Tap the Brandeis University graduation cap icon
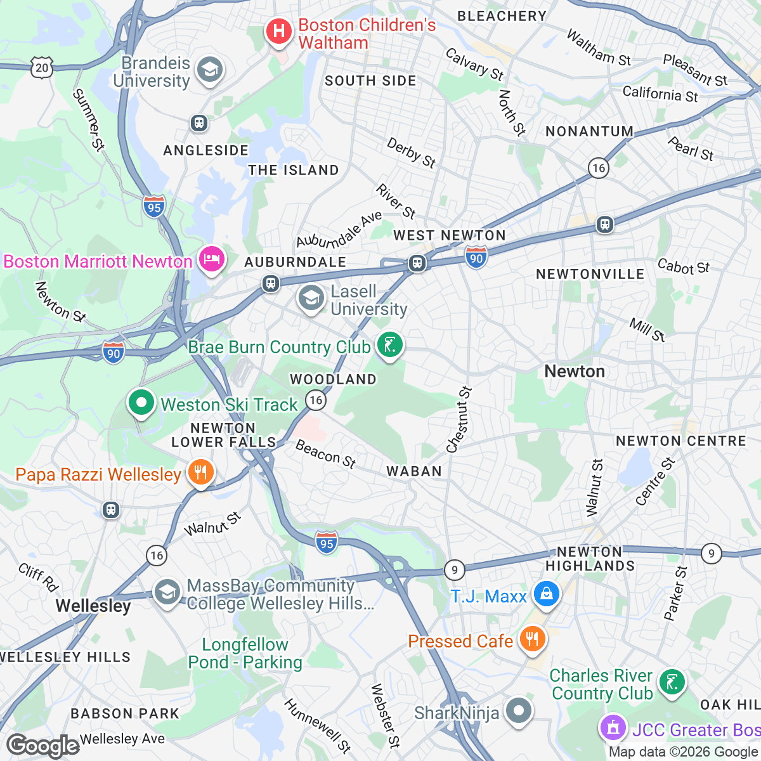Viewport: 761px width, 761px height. tap(209, 70)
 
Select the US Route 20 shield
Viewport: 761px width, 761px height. tap(42, 68)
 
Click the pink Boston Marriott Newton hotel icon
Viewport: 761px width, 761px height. tap(211, 259)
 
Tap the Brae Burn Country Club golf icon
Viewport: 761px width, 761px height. tap(390, 346)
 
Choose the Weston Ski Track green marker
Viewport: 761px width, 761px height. tap(141, 403)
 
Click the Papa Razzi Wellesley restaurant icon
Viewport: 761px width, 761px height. tap(200, 472)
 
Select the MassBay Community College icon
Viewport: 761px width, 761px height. tap(167, 593)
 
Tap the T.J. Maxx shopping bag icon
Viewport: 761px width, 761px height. tap(545, 594)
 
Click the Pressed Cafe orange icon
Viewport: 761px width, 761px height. tap(531, 639)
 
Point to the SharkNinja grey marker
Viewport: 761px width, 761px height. tap(519, 711)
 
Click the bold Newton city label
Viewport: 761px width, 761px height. tap(575, 372)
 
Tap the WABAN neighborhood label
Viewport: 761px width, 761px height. tap(414, 471)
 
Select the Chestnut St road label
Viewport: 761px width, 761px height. tap(460, 420)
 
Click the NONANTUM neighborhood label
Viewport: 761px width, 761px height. tap(590, 131)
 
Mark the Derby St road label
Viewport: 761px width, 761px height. tap(412, 153)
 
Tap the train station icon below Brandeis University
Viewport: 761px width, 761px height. tap(199, 123)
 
